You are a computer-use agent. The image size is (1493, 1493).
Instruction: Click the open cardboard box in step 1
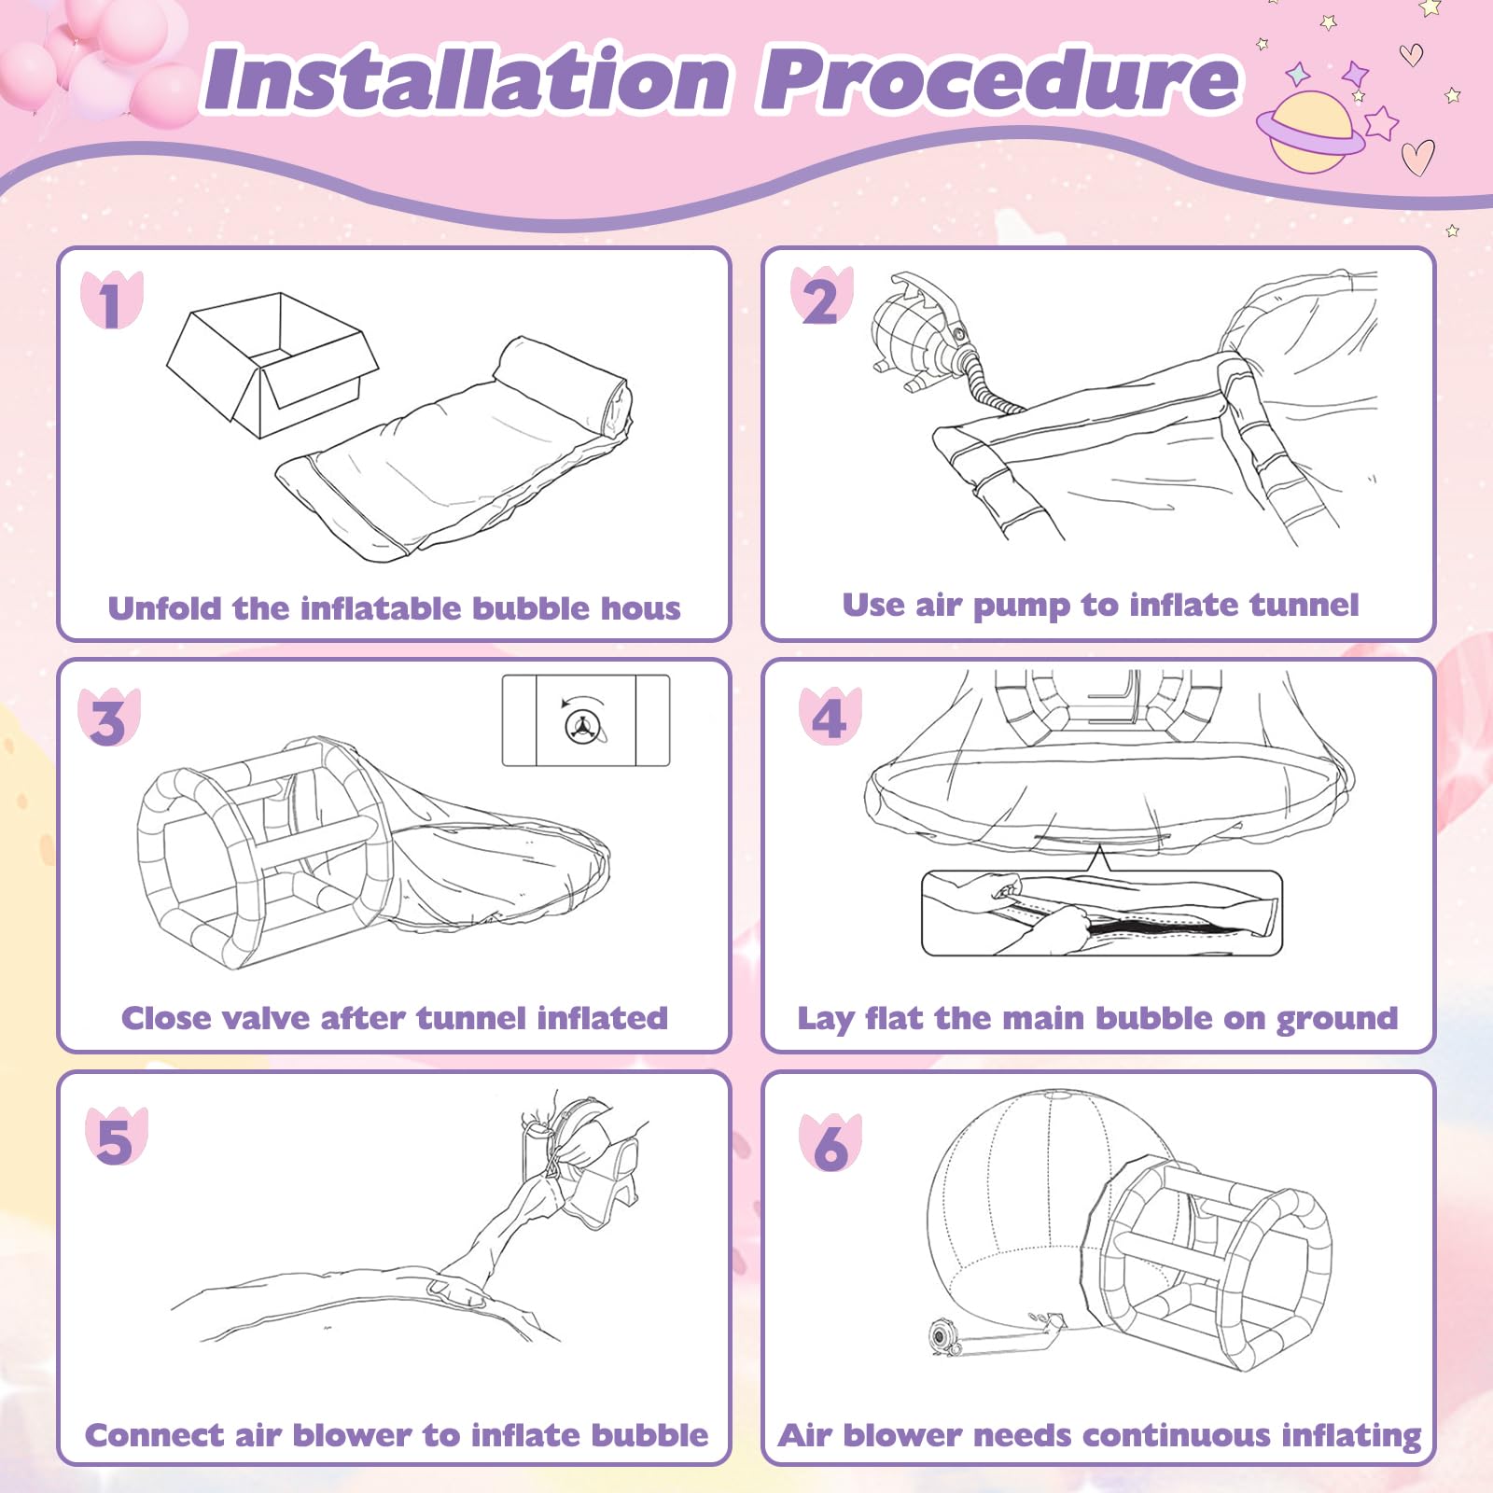(272, 364)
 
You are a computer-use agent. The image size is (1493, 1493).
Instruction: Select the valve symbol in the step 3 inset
(584, 724)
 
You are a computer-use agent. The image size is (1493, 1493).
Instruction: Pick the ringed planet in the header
(1311, 132)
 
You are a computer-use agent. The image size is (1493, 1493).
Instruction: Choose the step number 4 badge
(830, 717)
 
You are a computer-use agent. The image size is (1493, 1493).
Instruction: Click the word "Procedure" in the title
(1001, 80)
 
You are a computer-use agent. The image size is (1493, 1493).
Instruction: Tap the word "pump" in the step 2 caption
(1022, 607)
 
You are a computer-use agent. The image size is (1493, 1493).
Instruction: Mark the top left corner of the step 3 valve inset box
(503, 676)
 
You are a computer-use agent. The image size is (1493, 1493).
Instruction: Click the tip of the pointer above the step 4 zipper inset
(1100, 844)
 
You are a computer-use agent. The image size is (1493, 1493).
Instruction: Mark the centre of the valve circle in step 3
(584, 725)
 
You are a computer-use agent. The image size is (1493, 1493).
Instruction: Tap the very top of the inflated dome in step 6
(1054, 1091)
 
